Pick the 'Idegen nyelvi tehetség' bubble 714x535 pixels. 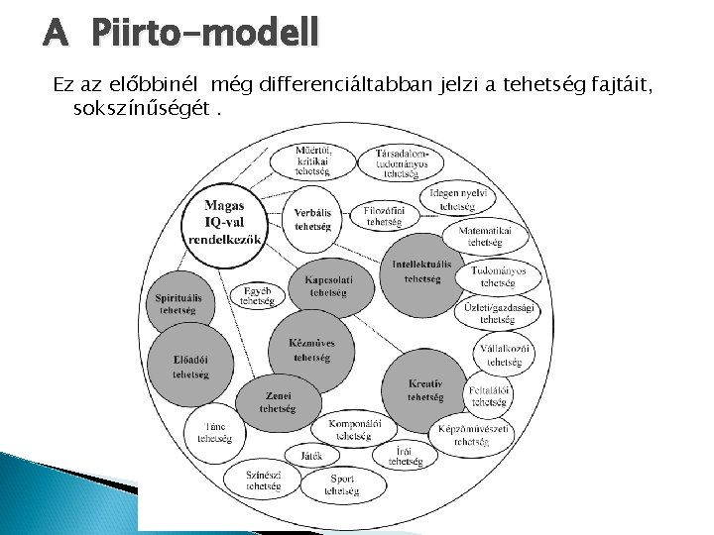tap(458, 199)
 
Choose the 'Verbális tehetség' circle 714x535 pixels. tap(312, 219)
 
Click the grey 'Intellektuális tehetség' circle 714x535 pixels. tap(420, 270)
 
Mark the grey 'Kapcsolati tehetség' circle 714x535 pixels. tap(327, 285)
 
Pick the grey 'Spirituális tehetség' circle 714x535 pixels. tap(178, 302)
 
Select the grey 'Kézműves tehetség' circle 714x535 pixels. tap(310, 350)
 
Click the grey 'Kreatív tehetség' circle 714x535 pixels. tap(424, 388)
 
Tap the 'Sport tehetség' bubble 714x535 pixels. tap(342, 483)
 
